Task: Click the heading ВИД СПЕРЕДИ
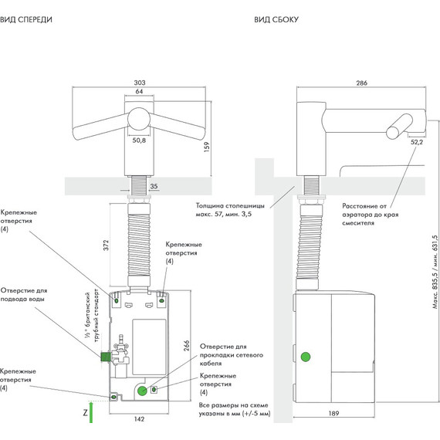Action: [26, 19]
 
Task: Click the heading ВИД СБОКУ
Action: [276, 19]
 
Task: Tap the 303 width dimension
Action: [140, 83]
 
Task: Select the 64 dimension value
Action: [139, 91]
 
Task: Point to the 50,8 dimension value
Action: [139, 140]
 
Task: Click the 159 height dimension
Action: [207, 147]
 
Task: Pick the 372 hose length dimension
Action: [106, 245]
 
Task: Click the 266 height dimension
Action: [186, 346]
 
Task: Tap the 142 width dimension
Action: [140, 419]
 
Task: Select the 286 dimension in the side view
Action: [362, 83]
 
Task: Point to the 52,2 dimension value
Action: [417, 142]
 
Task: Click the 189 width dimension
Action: [333, 413]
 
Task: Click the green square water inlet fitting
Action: [106, 357]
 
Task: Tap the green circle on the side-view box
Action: [306, 357]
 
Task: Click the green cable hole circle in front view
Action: [142, 391]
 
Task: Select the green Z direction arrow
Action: [91, 412]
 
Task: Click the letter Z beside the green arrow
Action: [86, 413]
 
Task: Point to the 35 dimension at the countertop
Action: [154, 186]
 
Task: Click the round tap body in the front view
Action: [139, 119]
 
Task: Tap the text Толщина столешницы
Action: [230, 205]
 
